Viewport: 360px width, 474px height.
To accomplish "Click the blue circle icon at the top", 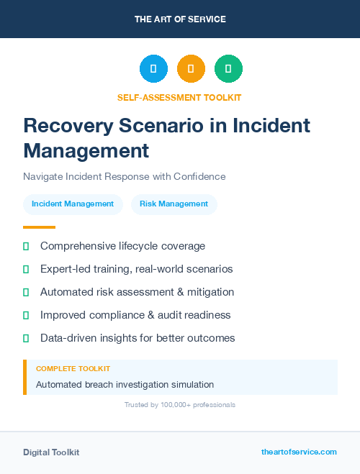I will [153, 69].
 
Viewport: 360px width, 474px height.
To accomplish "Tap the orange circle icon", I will [191, 69].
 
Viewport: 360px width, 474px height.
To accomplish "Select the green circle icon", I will [228, 69].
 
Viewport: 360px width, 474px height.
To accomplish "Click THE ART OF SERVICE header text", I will [180, 19].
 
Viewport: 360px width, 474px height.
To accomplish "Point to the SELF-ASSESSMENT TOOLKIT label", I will [180, 97].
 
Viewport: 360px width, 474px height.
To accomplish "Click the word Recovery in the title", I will [68, 126].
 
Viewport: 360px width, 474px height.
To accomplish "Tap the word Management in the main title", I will [86, 150].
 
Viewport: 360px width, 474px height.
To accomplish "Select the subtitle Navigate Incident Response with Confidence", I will [125, 176].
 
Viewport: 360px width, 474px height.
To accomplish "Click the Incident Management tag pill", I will [73, 204].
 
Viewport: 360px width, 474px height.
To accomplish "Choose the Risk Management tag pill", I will [174, 204].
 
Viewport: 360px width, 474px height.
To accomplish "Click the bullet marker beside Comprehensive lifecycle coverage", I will [26, 246].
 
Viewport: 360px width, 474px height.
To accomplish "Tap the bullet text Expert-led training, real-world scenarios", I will [136, 269].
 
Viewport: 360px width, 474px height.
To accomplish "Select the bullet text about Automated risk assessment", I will [137, 292].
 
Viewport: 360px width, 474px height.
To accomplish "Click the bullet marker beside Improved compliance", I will [26, 315].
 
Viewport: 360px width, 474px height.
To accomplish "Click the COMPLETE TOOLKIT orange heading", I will [73, 368].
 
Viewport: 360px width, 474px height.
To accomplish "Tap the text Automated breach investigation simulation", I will [125, 385].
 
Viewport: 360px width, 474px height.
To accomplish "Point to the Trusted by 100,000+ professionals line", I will [180, 405].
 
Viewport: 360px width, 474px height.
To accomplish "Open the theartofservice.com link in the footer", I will [299, 452].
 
